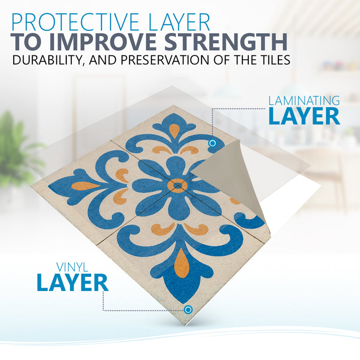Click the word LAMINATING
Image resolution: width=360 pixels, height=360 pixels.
click(x=304, y=100)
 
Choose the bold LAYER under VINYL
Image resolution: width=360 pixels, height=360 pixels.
click(x=73, y=283)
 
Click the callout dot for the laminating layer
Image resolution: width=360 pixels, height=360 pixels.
click(x=212, y=143)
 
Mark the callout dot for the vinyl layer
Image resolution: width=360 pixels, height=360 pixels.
click(x=188, y=309)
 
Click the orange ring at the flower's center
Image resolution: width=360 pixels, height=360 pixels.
click(x=177, y=186)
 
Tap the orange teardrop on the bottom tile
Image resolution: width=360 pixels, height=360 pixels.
click(x=182, y=263)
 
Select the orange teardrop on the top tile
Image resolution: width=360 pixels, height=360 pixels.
click(x=175, y=130)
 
